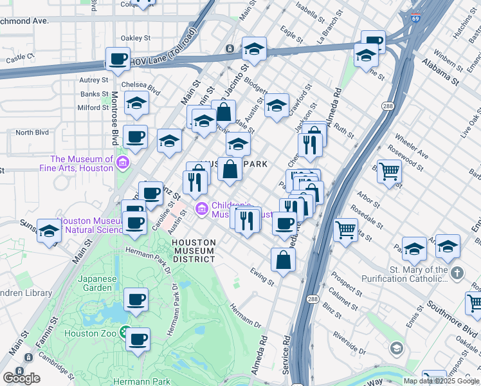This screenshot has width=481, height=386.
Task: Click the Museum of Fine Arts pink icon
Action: coord(122,164)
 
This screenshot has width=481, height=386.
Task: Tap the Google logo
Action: coord(21,378)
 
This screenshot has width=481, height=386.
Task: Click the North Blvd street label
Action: coord(32,133)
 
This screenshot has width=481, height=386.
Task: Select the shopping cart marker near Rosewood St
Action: coord(389,172)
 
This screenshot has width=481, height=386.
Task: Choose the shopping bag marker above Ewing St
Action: coord(284,260)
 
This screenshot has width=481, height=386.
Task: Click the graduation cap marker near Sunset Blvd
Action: coord(49,231)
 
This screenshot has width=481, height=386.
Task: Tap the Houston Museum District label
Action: coord(194,250)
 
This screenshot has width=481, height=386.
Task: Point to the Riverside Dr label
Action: coord(349,342)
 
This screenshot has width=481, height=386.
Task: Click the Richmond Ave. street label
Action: coord(24,21)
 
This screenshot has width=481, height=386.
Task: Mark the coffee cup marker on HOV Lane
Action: coord(118,60)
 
